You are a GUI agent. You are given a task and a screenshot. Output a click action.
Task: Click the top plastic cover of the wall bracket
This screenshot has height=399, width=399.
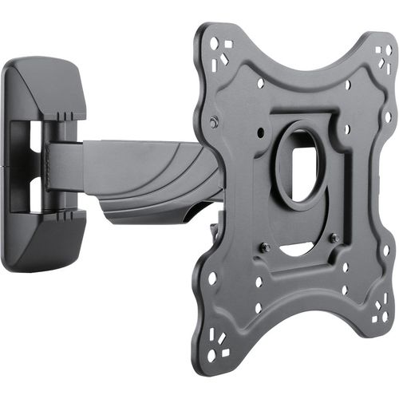[x=44, y=88]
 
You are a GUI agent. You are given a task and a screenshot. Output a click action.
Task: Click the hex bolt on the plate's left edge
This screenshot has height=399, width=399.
[x=214, y=122]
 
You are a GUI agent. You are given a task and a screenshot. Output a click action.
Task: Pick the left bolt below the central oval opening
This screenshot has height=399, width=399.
[x=266, y=247]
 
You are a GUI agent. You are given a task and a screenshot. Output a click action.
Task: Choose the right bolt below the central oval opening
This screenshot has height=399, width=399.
[x=335, y=237]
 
